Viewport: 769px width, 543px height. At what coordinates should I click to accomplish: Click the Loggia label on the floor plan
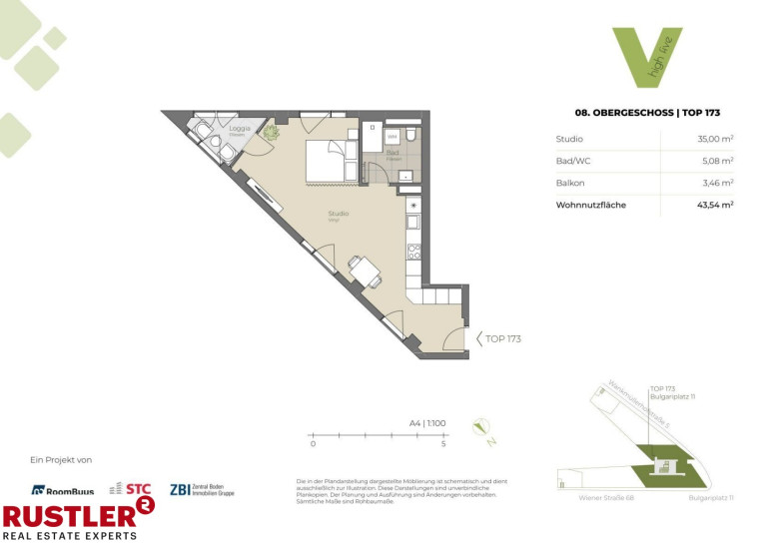pos(240,129)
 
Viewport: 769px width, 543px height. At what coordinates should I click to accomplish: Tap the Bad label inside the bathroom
pos(393,153)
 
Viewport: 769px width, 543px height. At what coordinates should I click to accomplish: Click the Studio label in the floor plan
pos(338,214)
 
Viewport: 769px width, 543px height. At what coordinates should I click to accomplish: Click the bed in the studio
pos(326,160)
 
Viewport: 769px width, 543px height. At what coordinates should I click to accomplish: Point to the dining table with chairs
pos(362,269)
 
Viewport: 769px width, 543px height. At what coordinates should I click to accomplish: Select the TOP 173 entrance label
pos(502,338)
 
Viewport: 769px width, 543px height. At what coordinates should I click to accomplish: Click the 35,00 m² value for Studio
pos(715,139)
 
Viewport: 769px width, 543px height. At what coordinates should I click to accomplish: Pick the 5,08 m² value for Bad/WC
pos(717,161)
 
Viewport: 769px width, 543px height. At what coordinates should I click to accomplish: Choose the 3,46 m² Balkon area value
pos(717,183)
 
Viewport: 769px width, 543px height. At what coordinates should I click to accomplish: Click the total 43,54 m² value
pos(714,205)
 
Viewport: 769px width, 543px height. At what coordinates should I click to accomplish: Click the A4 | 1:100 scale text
pos(426,423)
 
